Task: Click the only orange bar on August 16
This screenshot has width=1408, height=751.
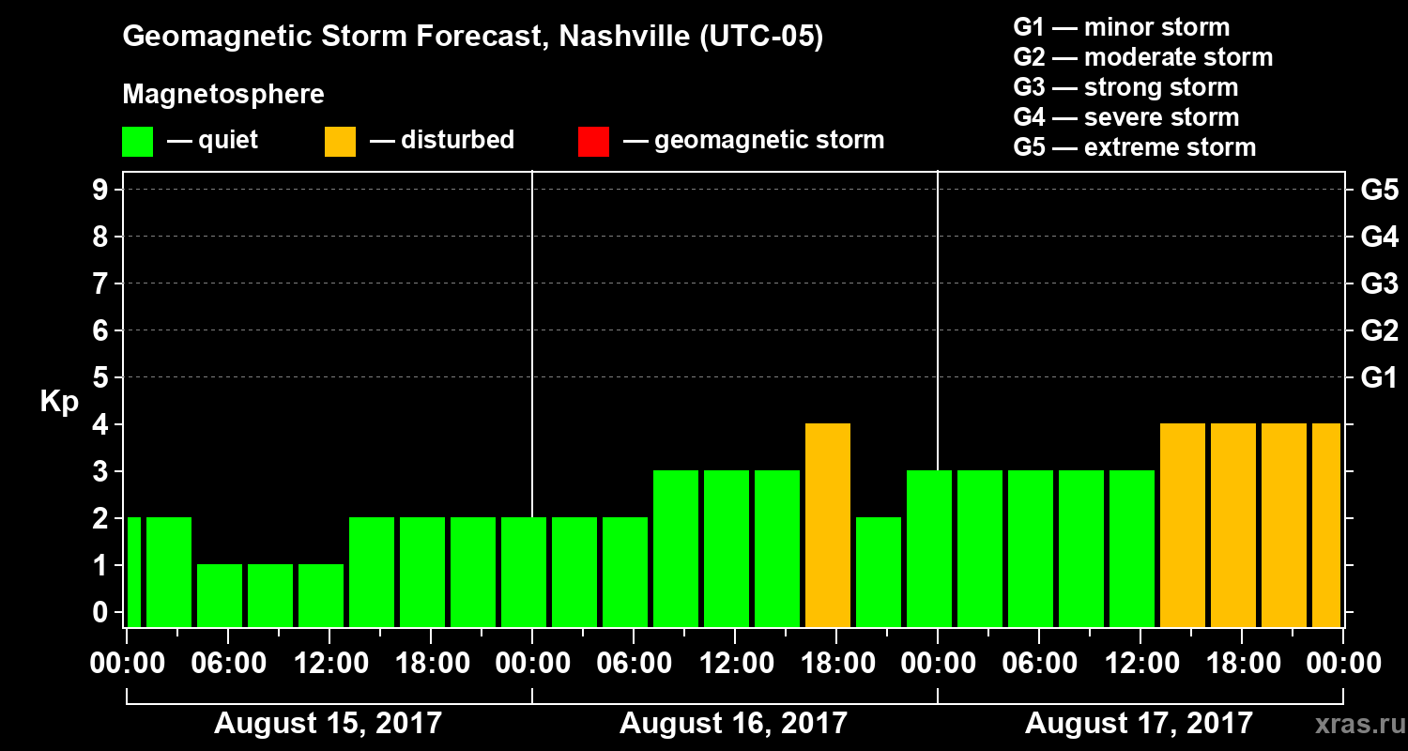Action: (x=828, y=525)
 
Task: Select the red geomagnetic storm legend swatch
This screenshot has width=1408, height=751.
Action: (x=593, y=142)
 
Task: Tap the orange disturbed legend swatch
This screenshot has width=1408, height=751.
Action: (x=340, y=142)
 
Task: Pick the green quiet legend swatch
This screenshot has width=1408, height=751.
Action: (x=137, y=142)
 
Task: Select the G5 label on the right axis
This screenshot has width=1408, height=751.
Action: (x=1379, y=191)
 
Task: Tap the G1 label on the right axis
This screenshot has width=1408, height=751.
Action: (x=1379, y=378)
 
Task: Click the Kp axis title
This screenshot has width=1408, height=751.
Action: (x=59, y=402)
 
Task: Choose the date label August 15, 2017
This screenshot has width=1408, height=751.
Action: (x=329, y=723)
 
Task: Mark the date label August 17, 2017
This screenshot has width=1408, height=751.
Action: (x=1139, y=723)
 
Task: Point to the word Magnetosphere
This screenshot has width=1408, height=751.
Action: (x=223, y=95)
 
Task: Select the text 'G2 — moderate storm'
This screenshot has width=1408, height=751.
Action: (x=1143, y=57)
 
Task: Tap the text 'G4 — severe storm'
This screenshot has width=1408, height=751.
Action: (x=1126, y=117)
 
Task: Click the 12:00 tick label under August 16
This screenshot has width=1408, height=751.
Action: (x=734, y=664)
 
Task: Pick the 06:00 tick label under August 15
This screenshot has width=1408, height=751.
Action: (x=228, y=664)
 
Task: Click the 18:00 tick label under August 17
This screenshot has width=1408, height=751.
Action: (x=1241, y=664)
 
